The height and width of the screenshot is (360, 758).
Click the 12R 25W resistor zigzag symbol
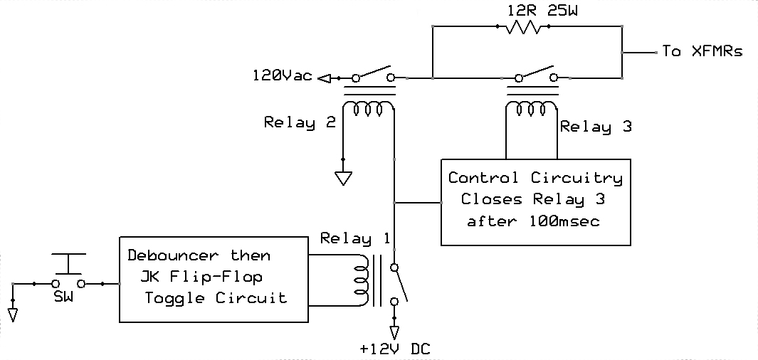(x=524, y=27)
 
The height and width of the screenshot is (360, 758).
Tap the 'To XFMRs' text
(x=702, y=51)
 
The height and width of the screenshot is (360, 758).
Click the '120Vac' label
(x=283, y=76)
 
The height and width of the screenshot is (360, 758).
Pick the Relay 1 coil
(x=362, y=279)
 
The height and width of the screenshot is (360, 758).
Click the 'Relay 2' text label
(x=300, y=122)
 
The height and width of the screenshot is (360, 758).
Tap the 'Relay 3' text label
(x=596, y=127)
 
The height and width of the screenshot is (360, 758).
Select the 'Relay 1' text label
(x=355, y=238)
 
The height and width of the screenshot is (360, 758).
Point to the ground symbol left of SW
(x=14, y=313)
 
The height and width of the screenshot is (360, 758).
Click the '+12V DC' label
(x=395, y=349)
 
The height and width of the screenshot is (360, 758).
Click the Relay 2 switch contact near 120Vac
(x=372, y=74)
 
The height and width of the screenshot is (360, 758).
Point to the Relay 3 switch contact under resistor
(x=536, y=74)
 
